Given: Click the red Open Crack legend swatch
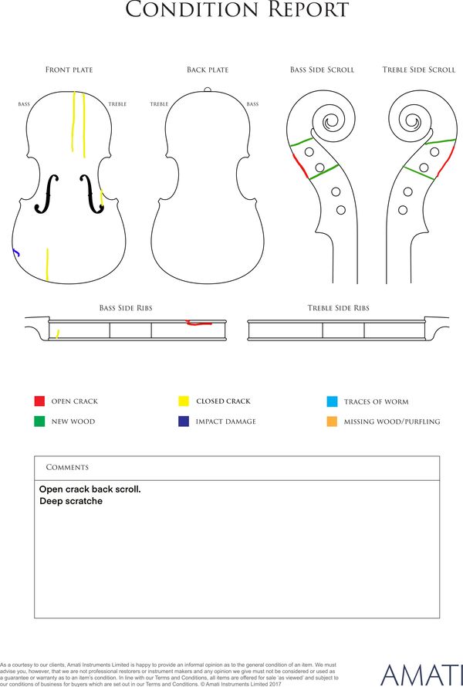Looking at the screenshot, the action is (39, 401).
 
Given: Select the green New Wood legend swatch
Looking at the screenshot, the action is (39, 421).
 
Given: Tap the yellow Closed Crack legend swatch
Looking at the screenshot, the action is (184, 401).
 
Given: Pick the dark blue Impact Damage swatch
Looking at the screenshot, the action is (184, 421).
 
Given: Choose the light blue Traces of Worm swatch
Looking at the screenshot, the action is (332, 401).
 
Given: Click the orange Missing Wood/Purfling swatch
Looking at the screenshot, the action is (332, 421).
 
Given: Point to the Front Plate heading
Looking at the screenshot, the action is (69, 69).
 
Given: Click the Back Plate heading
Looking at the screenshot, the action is (208, 69).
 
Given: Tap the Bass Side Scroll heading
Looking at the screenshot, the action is (322, 69).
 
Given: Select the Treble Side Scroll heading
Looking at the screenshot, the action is (419, 69).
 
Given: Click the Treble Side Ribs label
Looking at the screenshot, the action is (339, 308).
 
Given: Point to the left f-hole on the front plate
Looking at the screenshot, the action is (46, 194).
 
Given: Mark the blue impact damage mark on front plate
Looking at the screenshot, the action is (15, 252).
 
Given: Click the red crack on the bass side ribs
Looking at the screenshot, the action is (199, 323).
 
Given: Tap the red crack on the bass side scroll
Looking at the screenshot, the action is (300, 166).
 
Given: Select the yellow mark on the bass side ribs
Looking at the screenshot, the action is (57, 334).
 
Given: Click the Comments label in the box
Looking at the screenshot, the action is (67, 468).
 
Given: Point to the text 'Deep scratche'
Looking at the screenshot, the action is (71, 501).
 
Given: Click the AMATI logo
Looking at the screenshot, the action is (421, 675).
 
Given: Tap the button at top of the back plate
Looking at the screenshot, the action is (208, 90).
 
